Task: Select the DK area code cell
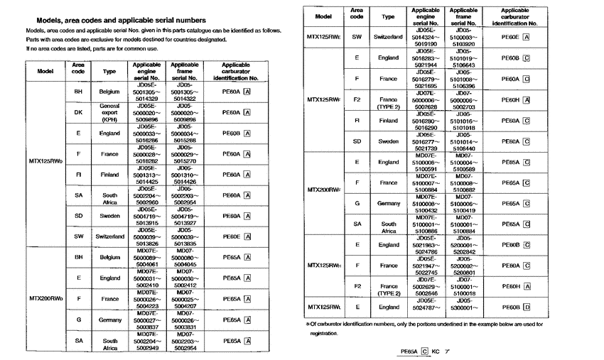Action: point(78,111)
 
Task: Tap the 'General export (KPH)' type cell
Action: point(109,111)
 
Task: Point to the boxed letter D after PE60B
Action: point(527,307)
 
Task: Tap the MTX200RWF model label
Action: point(323,190)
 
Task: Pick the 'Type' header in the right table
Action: point(388,15)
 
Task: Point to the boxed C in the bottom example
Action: point(425,351)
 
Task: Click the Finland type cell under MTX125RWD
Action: point(109,174)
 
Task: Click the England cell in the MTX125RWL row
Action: point(388,307)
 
